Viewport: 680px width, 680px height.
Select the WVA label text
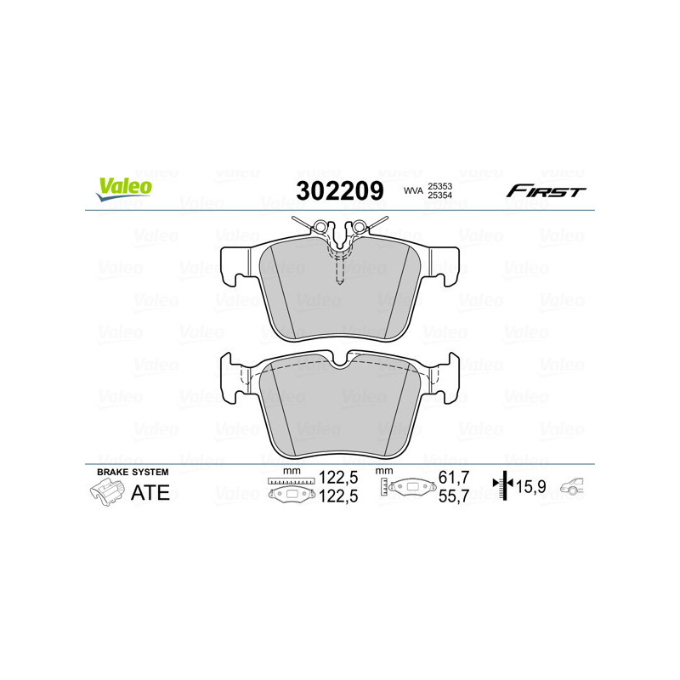[x=412, y=191]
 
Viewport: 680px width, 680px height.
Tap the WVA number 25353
[x=439, y=185]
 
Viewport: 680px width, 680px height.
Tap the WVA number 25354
[x=439, y=195]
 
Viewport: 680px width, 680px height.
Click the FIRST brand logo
[x=546, y=191]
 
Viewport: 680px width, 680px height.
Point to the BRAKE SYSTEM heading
[x=133, y=471]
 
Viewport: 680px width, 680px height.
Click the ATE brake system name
[x=150, y=492]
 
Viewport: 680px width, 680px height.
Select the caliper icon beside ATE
[x=105, y=491]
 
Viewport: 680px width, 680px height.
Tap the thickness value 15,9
[x=535, y=487]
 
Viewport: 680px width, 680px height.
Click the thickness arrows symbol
[x=505, y=487]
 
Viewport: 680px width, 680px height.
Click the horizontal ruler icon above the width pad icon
[x=291, y=481]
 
